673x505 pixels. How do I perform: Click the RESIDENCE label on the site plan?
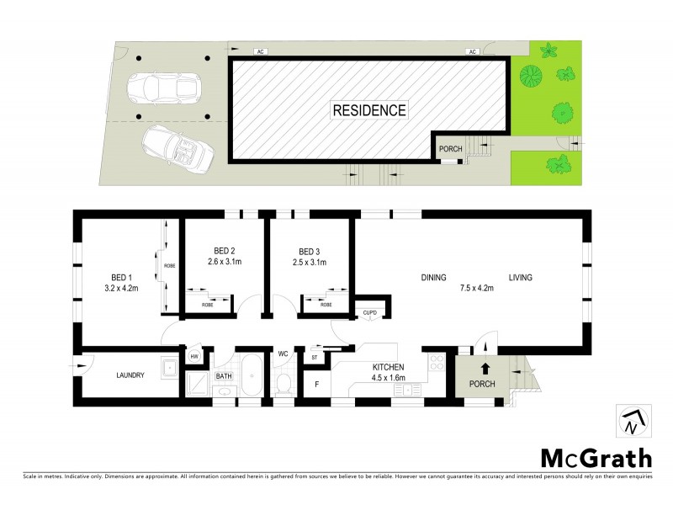[x=369, y=110]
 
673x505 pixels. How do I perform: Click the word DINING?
[x=433, y=277]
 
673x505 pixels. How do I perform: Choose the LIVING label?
[x=520, y=277]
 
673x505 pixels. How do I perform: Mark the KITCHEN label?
[x=389, y=367]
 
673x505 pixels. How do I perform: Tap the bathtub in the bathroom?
[x=251, y=374]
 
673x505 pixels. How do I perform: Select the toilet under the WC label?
[x=284, y=383]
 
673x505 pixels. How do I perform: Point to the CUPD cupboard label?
[x=370, y=313]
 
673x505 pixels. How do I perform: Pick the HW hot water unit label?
[x=194, y=357]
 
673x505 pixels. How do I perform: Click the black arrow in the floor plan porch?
[x=485, y=368]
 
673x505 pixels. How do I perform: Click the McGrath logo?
[x=595, y=459]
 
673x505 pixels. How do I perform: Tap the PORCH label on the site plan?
[x=450, y=149]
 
